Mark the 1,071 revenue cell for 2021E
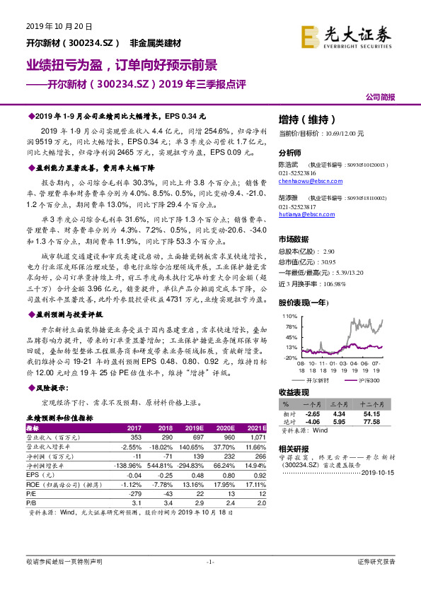tap(255, 438)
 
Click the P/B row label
tap(32, 502)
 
